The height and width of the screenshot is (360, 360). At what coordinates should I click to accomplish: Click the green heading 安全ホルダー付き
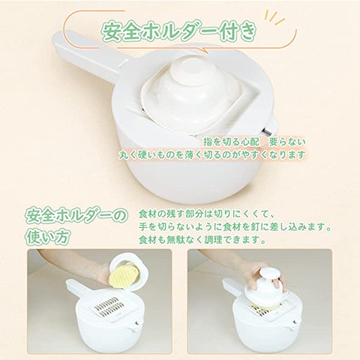(178, 31)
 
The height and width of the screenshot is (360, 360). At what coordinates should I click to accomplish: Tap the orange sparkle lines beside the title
(275, 17)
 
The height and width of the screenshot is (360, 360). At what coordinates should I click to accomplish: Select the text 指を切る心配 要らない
(254, 142)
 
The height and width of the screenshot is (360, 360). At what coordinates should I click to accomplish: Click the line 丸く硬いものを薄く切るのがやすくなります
(212, 154)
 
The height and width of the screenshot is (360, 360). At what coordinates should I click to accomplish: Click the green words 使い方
(46, 236)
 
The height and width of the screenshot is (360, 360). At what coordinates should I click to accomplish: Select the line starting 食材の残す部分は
(204, 214)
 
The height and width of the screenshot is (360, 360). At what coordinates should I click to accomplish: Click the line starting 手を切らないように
(235, 227)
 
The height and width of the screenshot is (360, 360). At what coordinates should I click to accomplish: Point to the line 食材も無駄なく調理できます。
(202, 240)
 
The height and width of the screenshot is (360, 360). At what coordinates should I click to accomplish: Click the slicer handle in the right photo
(232, 287)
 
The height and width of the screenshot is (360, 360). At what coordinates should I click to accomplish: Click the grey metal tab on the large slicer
(268, 131)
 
